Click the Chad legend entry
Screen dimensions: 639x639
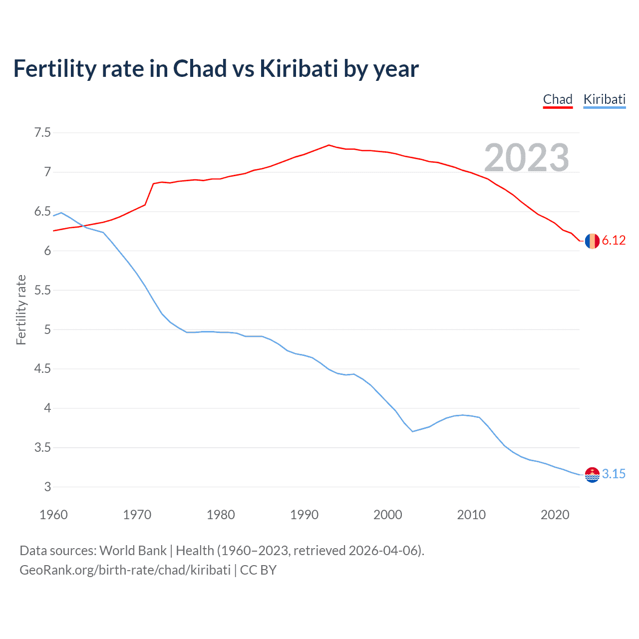(558, 99)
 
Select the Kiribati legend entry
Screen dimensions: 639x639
(604, 99)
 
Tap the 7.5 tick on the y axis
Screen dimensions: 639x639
(42, 133)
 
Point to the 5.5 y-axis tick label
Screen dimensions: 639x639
(42, 290)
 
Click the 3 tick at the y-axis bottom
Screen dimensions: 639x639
(47, 487)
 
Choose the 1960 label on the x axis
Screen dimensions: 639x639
(53, 515)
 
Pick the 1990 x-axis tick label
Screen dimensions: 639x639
(304, 515)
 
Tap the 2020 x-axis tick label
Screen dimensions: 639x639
(555, 515)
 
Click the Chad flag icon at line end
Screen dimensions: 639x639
(592, 241)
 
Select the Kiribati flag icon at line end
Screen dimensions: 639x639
(592, 474)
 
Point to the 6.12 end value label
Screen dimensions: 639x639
(614, 241)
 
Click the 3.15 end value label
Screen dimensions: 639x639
(614, 474)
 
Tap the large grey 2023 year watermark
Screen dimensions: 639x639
(527, 158)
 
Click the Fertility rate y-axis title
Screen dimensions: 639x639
(21, 310)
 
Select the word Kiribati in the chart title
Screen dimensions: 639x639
(299, 69)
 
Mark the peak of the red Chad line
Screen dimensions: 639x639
(328, 145)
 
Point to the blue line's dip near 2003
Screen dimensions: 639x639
(413, 431)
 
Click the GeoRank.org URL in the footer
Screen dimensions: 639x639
(125, 570)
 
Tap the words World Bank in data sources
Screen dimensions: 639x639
(133, 551)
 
